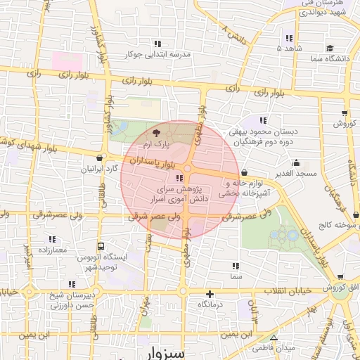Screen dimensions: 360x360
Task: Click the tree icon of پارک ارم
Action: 156,132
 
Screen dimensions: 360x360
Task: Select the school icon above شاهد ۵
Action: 288,38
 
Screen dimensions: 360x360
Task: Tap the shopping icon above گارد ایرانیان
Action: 103,157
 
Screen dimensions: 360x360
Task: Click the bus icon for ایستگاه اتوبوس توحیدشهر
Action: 102,247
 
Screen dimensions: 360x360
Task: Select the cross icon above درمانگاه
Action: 209,294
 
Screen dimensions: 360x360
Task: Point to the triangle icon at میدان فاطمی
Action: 273,338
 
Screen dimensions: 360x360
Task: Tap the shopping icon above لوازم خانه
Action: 243,172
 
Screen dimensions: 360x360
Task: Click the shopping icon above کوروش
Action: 344,112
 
